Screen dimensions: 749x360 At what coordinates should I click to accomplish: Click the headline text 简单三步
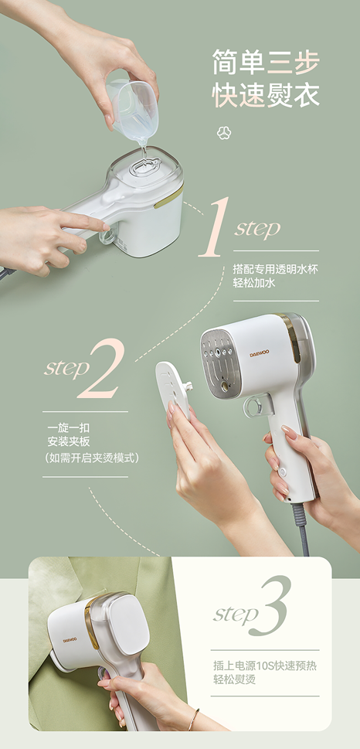[266, 61]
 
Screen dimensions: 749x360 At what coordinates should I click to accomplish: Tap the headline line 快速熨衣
[266, 95]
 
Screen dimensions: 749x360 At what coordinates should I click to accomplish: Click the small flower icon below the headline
[225, 132]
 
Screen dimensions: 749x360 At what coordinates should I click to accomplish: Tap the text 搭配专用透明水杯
[264, 269]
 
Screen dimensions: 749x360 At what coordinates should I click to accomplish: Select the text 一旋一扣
[65, 427]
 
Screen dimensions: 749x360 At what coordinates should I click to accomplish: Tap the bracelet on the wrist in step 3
[194, 720]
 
